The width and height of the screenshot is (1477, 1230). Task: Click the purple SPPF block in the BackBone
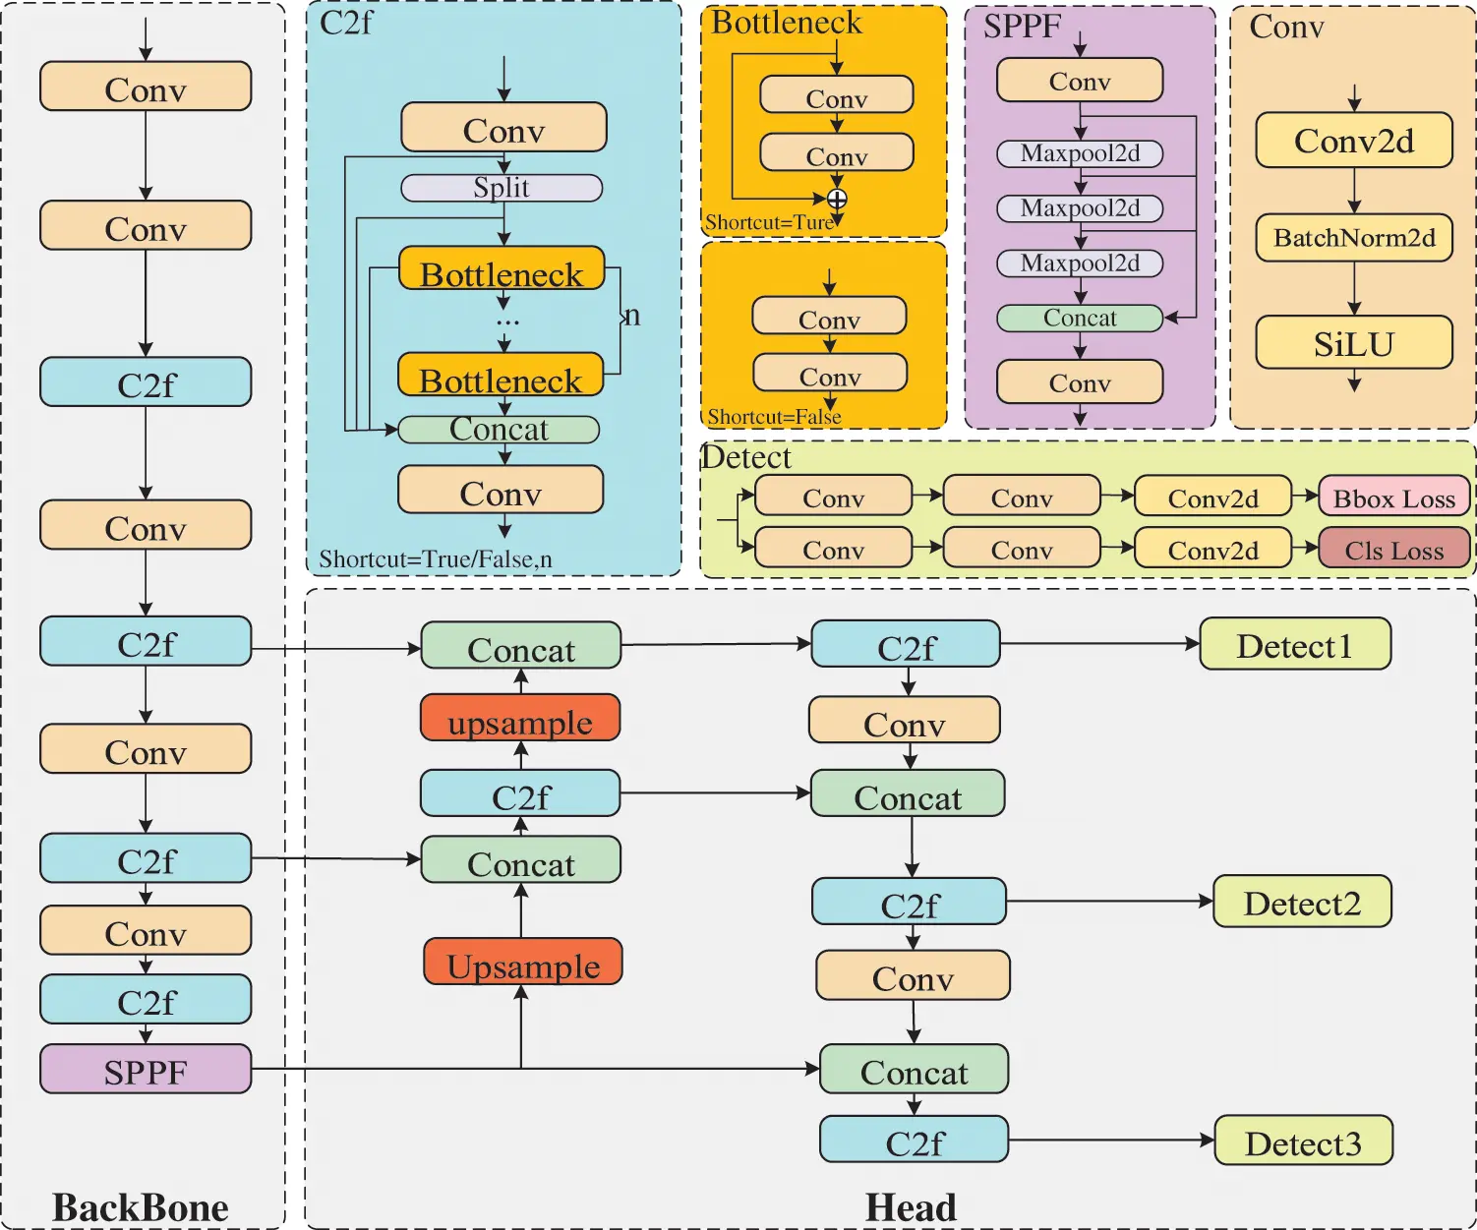click(x=146, y=1070)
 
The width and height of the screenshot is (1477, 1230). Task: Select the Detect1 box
click(x=1295, y=645)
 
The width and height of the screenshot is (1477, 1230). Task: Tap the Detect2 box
click(x=1302, y=902)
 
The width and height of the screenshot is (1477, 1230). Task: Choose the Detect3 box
click(x=1303, y=1142)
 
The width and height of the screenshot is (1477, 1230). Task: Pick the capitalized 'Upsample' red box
click(x=522, y=963)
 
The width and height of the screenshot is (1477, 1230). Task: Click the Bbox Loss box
click(x=1393, y=498)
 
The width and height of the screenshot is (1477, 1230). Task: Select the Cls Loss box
click(x=1393, y=549)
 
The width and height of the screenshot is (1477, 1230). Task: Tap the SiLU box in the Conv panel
click(x=1354, y=343)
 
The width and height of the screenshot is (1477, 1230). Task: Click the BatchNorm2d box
click(x=1354, y=238)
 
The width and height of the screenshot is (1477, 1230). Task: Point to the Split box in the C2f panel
click(x=502, y=188)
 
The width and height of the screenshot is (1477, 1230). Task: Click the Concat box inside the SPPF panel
click(x=1080, y=318)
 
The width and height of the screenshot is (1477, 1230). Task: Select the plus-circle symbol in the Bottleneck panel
click(x=837, y=200)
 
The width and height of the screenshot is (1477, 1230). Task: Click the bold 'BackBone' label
click(x=141, y=1206)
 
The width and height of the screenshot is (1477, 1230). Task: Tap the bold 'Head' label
click(x=911, y=1206)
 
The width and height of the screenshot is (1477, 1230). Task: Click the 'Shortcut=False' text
click(x=774, y=417)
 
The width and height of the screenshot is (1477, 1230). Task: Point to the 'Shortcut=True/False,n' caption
click(x=436, y=559)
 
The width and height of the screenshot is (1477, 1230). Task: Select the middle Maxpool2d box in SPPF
click(x=1080, y=208)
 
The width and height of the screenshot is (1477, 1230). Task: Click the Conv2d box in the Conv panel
click(x=1354, y=141)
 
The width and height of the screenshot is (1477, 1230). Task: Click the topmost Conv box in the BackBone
click(x=146, y=88)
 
